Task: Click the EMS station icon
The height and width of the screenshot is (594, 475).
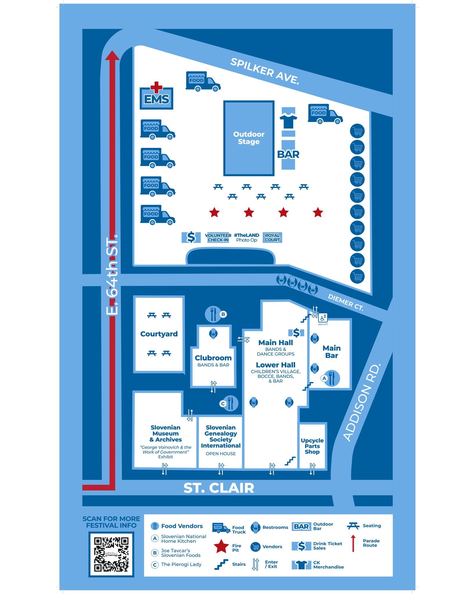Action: (156, 97)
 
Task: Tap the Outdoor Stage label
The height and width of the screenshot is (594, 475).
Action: (249, 138)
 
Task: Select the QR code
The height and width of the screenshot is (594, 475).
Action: (111, 554)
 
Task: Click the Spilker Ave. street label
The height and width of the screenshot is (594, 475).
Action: (264, 71)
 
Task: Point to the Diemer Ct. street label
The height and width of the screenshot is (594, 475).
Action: (345, 303)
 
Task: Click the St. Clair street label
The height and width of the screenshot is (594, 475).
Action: (219, 488)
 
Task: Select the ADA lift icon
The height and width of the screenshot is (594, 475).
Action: (323, 318)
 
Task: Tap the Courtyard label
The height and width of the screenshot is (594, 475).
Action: (159, 334)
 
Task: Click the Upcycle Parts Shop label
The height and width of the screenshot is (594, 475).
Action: (312, 446)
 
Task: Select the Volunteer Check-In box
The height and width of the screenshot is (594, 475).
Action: (218, 238)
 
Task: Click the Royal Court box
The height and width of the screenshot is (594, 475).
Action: (272, 238)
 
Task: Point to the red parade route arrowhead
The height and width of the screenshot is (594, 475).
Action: (112, 55)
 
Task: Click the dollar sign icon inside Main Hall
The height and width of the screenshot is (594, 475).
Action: (296, 333)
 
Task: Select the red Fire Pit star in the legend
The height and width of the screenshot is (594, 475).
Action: (221, 546)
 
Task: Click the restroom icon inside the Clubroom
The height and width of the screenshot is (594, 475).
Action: (213, 334)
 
